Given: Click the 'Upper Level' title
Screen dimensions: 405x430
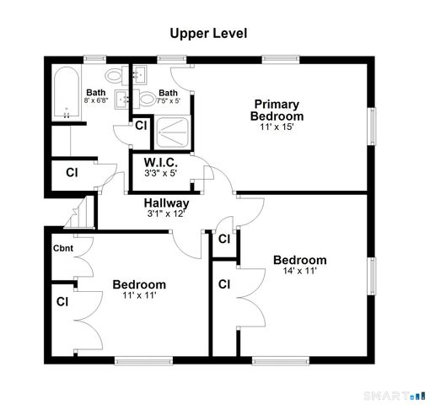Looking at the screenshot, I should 208,33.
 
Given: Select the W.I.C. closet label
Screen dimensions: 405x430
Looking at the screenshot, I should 160,162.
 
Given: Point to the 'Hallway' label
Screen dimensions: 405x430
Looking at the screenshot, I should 166,203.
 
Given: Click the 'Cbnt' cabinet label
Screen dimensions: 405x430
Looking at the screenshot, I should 63,248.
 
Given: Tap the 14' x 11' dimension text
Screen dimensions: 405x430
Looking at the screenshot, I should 299,272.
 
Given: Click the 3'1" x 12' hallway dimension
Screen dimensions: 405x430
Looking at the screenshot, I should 165,214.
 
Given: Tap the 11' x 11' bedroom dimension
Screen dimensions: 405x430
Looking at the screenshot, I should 139,296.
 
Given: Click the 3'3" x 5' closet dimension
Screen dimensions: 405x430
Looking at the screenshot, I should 160,174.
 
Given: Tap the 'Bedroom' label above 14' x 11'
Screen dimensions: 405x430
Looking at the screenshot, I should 299,260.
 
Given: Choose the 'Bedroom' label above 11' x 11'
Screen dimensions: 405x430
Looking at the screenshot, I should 139,284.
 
